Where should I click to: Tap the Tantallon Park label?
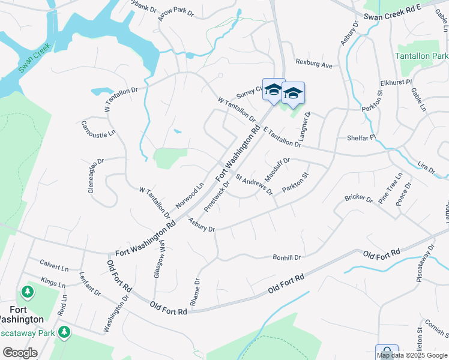point(423,56)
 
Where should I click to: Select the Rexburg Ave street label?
point(313,63)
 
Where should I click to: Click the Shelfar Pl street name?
point(361,137)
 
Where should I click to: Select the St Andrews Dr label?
point(254,185)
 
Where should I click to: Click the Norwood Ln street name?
point(190,195)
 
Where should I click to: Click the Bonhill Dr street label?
point(286,257)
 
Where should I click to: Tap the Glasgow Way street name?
point(161,256)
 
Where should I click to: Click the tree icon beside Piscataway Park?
point(64,332)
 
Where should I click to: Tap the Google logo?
point(20,353)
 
